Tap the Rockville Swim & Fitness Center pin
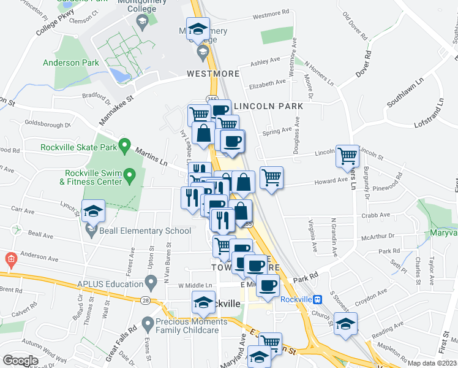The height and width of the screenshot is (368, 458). [x=130, y=177]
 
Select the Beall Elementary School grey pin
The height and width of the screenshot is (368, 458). [x=92, y=231]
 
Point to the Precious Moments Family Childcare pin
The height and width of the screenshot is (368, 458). [x=147, y=323]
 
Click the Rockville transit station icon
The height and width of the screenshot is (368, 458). [x=317, y=299]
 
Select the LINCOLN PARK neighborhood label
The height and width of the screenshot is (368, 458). [x=269, y=106]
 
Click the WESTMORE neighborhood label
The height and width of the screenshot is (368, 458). [x=213, y=74]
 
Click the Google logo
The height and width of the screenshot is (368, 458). [x=20, y=360]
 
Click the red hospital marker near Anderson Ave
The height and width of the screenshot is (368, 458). [x=10, y=259]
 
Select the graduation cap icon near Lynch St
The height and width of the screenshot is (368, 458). [x=94, y=210]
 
